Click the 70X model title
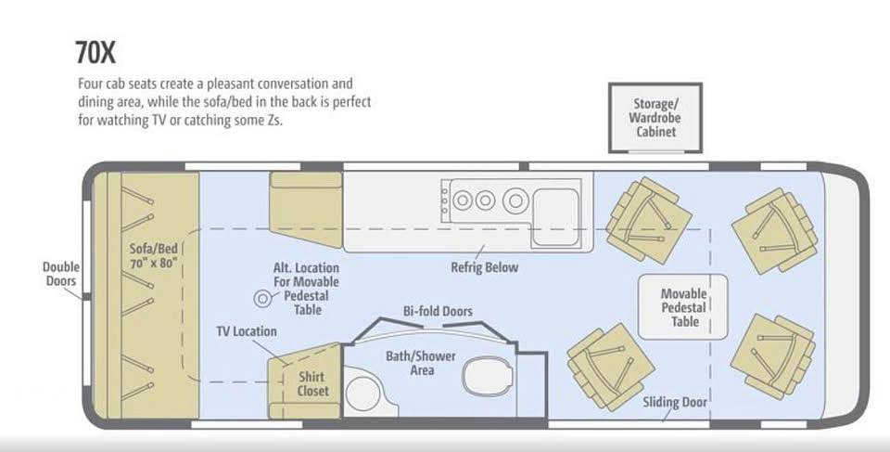pos(95,53)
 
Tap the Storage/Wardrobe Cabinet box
pos(655,118)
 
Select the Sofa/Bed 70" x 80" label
pos(153,255)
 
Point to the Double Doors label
pos(61,274)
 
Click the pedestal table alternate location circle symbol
pos(262,299)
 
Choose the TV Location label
pos(247,331)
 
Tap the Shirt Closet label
pos(312,383)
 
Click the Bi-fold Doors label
pos(438,311)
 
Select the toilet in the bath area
pos(488,376)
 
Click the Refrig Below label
pos(485,266)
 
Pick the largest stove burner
pos(515,200)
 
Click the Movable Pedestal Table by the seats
pos(683,307)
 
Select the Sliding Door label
pos(675,403)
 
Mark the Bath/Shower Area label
pos(421,363)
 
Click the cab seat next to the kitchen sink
pos(648,220)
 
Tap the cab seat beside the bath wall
pos(611,367)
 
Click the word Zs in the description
pos(273,121)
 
